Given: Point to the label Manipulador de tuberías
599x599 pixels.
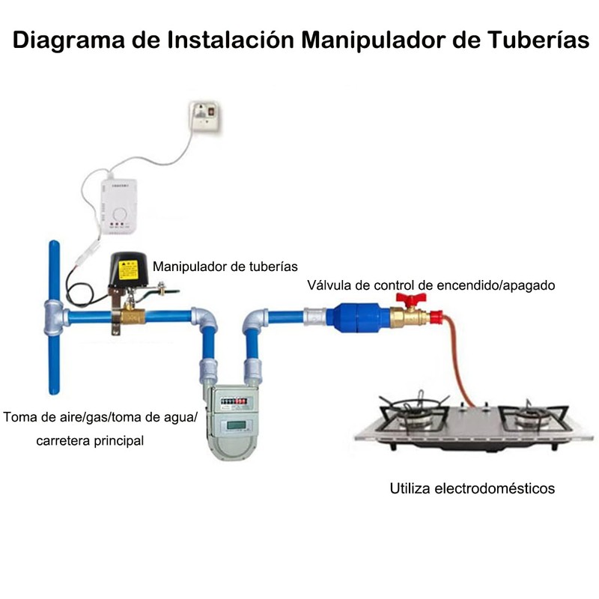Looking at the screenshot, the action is [225, 266].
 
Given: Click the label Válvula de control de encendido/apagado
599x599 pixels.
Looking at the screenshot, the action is [430, 285].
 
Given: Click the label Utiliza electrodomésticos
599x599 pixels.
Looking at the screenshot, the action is [472, 489].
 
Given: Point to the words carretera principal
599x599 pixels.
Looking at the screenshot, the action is [90, 440].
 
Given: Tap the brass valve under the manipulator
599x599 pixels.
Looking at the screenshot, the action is [131, 316].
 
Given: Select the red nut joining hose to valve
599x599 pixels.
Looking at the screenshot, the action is [436, 315].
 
